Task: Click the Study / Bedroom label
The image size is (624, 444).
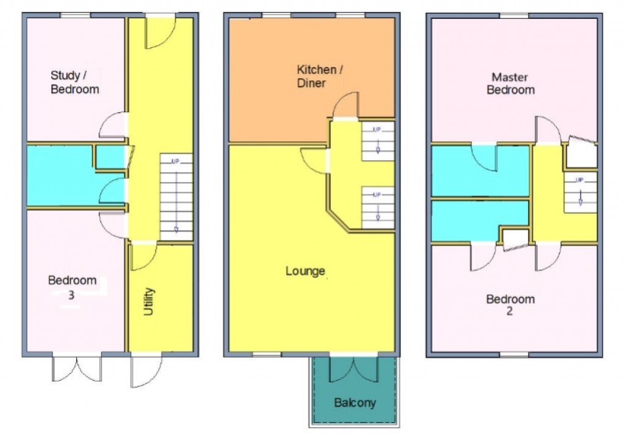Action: click(74, 82)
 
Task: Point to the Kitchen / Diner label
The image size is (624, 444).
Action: click(319, 76)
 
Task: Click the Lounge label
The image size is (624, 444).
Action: click(305, 271)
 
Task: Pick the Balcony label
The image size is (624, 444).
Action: click(355, 403)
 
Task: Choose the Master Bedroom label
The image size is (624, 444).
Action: click(513, 83)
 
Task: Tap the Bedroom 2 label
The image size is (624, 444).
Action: click(510, 305)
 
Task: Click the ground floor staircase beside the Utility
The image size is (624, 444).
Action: click(176, 197)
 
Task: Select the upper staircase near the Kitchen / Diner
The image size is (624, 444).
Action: click(378, 141)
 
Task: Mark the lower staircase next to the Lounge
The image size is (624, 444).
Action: click(378, 207)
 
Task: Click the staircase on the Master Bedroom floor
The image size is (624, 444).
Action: click(580, 192)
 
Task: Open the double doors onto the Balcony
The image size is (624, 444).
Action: click(354, 368)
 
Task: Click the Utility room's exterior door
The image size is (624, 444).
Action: click(146, 370)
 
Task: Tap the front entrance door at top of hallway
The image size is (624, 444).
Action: click(160, 33)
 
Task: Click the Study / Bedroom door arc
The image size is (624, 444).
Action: click(112, 126)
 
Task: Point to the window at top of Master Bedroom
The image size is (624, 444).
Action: click(514, 15)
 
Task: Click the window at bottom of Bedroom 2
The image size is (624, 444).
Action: click(514, 354)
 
